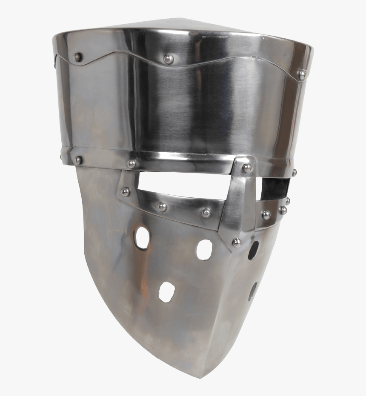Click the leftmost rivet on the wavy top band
[x=77, y=57]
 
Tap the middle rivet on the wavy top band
[x=169, y=59]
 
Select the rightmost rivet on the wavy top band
[x=301, y=75]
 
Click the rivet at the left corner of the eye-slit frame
[x=125, y=192]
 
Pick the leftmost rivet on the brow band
[x=78, y=160]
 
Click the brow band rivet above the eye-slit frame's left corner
[x=132, y=163]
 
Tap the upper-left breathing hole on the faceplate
[x=142, y=238]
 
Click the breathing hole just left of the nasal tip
[x=204, y=249]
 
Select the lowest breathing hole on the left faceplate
[x=166, y=292]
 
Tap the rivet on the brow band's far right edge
[x=294, y=172]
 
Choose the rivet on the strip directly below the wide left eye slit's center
[x=162, y=207]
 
